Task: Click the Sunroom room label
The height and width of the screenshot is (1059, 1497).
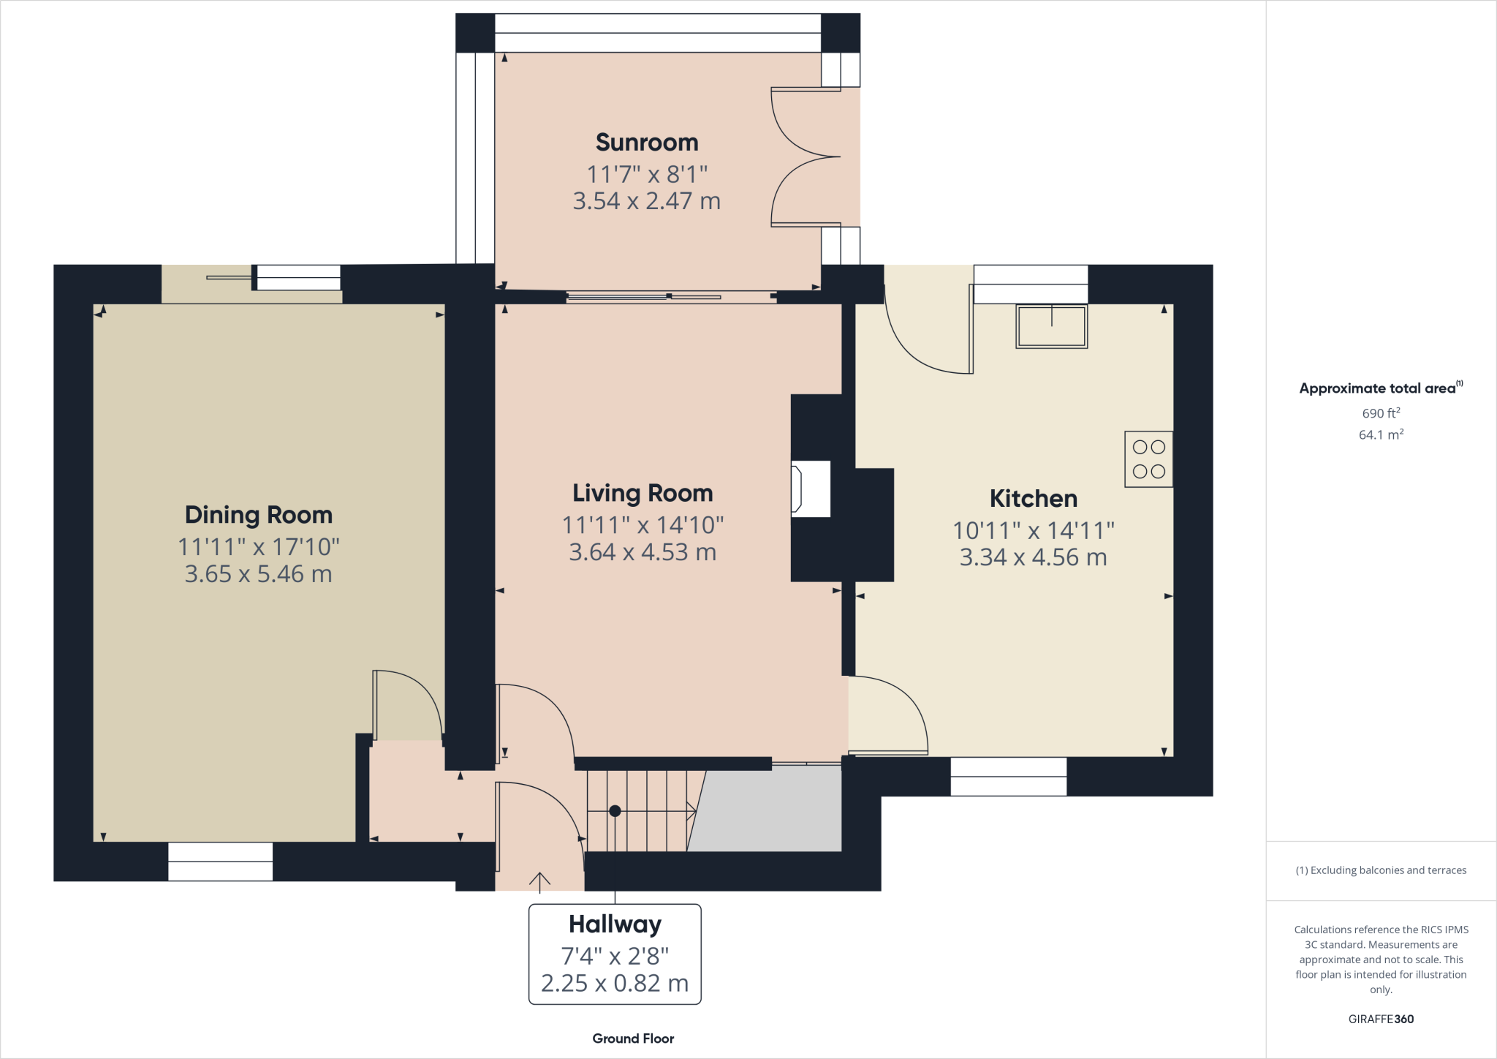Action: tap(647, 142)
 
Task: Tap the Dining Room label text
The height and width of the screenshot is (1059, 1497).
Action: tap(259, 515)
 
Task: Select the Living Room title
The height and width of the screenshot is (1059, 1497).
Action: tap(643, 493)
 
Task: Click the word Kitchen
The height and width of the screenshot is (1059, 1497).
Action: tap(1033, 499)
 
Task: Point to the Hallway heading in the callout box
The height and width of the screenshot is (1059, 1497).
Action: tap(615, 924)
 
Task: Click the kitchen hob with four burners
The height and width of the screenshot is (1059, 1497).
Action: tap(1148, 459)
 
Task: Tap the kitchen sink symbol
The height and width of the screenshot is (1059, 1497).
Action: tap(1051, 326)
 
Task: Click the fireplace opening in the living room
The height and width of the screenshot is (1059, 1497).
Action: tap(811, 489)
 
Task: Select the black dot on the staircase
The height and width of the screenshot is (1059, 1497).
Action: tap(615, 810)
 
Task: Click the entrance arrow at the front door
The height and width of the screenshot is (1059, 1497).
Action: tap(539, 881)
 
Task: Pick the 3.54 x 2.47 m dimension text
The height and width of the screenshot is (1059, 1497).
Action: tap(647, 201)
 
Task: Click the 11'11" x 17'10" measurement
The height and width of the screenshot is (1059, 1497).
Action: tap(259, 546)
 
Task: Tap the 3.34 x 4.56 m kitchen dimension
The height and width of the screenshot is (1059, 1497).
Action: tap(1033, 557)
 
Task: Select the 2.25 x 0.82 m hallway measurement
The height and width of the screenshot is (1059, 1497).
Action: tap(615, 983)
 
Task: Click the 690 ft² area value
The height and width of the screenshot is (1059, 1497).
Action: tap(1381, 413)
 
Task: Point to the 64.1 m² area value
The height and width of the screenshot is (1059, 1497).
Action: tap(1381, 434)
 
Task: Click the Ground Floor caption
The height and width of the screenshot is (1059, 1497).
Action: tap(633, 1039)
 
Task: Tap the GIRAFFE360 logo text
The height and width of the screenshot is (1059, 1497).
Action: tap(1381, 1019)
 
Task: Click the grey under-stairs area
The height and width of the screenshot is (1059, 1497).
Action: tap(768, 812)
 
